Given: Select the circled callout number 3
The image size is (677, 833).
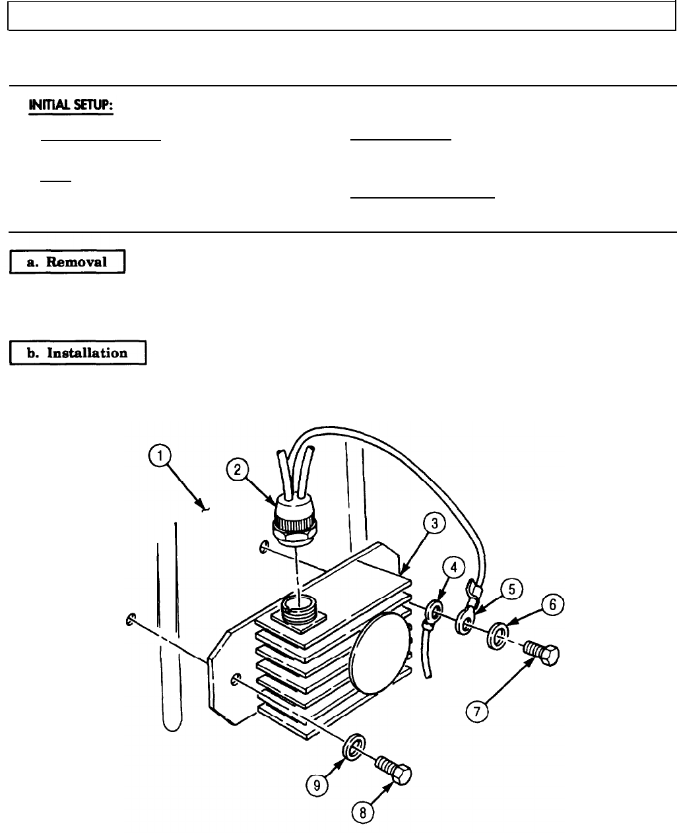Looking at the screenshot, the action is click(x=434, y=526).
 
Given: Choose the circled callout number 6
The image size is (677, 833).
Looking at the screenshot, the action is click(x=553, y=603).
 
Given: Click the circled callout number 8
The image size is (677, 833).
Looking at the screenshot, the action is click(x=362, y=813).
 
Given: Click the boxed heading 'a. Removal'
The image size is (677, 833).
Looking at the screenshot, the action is click(x=67, y=261).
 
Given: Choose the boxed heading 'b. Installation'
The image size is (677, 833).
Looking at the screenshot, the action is click(x=78, y=353).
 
